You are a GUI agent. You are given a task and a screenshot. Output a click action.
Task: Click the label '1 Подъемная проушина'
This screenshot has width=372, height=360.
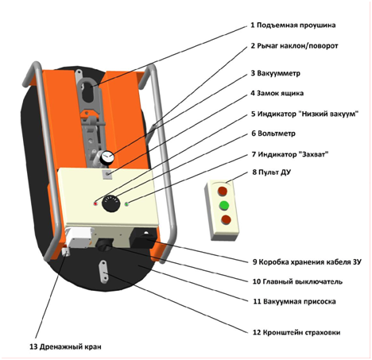[293, 25]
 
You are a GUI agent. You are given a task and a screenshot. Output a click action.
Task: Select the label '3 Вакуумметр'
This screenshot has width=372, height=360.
[275, 73]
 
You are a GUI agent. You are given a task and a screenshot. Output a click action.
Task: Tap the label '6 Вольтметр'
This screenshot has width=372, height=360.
[273, 133]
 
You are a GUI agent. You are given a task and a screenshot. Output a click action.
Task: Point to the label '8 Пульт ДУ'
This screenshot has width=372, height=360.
[271, 172]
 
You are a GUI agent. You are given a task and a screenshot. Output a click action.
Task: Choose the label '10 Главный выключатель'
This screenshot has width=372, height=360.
[297, 281]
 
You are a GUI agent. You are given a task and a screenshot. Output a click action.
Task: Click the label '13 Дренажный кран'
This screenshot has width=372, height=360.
[65, 346]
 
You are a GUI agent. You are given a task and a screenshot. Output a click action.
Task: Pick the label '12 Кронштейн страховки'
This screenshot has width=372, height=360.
[296, 332]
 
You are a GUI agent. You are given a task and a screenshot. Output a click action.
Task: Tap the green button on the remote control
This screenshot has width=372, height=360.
[224, 205]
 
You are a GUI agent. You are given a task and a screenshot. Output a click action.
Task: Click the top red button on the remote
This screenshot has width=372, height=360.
[223, 191]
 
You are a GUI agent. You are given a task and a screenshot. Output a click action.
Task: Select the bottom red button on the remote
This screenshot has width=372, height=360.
[226, 219]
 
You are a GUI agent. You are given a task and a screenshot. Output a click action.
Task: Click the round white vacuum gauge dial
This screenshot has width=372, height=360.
[107, 157]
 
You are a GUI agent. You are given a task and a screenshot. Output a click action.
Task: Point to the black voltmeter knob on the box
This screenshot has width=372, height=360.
[110, 203]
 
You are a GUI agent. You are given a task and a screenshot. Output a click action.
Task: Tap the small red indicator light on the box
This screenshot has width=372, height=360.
[95, 203]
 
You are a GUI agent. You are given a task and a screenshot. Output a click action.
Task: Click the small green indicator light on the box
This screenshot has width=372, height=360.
[126, 204]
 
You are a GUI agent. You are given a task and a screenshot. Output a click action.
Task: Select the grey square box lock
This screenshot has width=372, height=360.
[107, 174]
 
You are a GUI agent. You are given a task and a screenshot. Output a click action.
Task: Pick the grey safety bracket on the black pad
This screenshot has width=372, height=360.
[103, 271]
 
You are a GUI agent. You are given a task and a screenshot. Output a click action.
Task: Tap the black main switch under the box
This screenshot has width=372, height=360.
[104, 245]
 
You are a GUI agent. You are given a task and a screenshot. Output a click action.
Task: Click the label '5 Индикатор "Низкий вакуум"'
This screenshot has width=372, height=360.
[304, 114]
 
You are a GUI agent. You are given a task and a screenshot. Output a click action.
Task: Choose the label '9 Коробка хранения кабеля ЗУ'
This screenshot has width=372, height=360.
[307, 262]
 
